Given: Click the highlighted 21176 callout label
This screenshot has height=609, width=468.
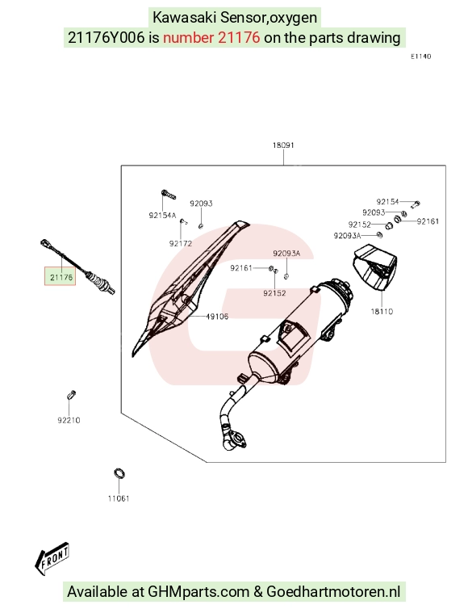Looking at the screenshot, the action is coord(61,277).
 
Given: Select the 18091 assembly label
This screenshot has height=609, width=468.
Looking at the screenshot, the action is coord(283,145).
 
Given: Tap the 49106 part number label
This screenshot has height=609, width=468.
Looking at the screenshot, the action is coord(217,316).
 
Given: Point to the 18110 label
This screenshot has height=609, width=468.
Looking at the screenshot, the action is coord(382,311).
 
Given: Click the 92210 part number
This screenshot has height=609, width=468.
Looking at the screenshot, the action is coord(69,420).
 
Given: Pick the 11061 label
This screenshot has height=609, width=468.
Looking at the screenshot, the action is coord(119,498).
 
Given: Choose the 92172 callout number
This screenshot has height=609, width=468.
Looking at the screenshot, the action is coord(181,244).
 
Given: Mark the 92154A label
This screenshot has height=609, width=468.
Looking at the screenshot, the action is coord(162,215).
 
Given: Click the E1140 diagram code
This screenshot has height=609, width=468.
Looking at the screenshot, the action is coord(420,57).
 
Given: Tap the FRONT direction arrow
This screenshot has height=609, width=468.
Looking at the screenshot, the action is coord(52,558).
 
